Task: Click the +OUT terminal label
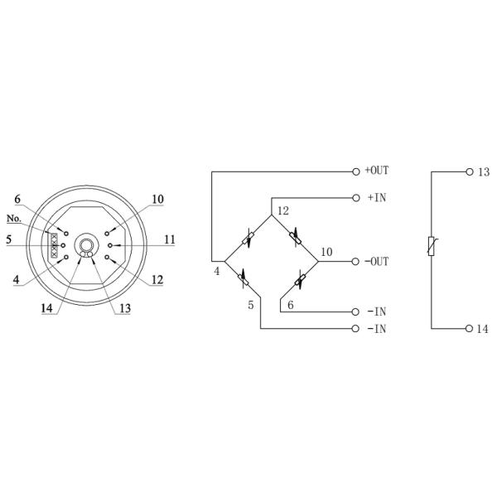[377, 171]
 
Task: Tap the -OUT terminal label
[377, 261]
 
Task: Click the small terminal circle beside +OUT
[356, 171]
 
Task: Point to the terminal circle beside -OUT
[356, 261]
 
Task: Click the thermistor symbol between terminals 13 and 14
[432, 246]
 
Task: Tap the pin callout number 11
[169, 239]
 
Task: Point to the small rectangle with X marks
[55, 246]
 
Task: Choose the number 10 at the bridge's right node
[326, 252]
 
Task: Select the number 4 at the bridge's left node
[216, 270]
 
